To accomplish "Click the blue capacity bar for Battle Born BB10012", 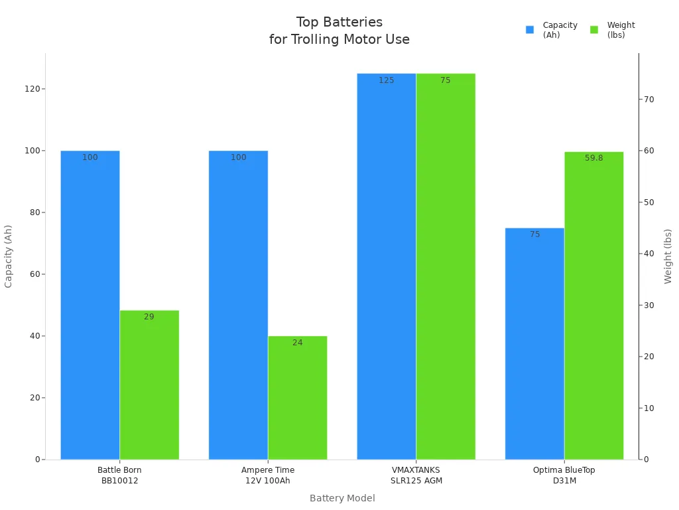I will click(x=90, y=305).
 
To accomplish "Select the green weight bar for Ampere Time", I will click(x=298, y=398).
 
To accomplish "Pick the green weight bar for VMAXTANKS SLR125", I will click(x=446, y=266).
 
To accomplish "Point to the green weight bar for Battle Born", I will click(x=149, y=385).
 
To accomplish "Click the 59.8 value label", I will click(x=594, y=158).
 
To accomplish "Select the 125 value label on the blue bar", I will click(x=387, y=80).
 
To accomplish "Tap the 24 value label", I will click(x=298, y=343).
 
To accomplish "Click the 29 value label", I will click(x=149, y=317).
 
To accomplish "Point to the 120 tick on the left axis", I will click(x=32, y=89).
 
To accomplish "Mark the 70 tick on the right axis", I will click(x=648, y=100).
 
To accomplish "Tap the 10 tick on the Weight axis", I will click(x=648, y=408).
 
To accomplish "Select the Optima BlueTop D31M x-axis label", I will click(x=564, y=475).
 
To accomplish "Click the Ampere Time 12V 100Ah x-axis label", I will click(x=268, y=475).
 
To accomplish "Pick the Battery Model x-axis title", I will click(x=342, y=498).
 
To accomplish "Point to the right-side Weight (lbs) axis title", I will click(x=668, y=256).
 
